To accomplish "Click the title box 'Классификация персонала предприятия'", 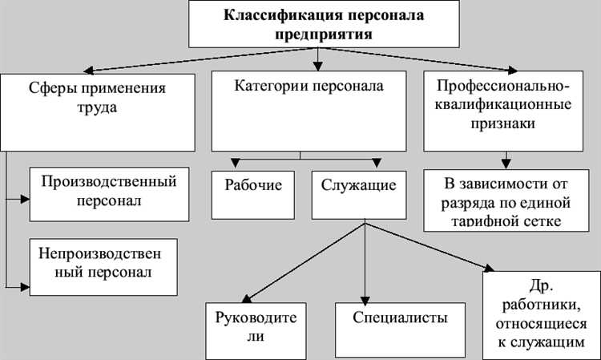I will click(319, 25).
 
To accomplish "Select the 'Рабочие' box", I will click(252, 193).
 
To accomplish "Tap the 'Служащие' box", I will click(359, 193).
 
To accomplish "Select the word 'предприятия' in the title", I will click(319, 34).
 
